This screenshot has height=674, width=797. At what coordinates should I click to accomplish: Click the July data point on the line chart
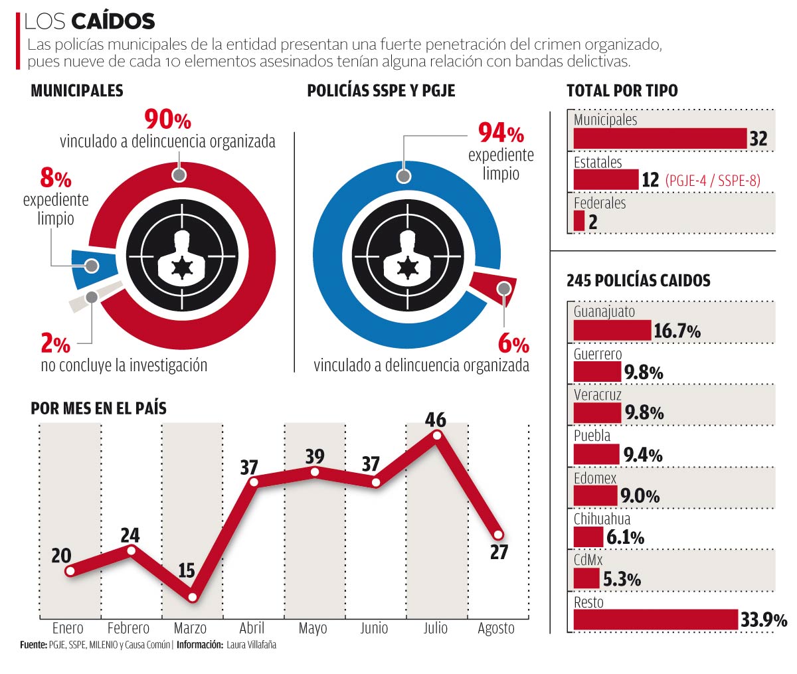point(436,435)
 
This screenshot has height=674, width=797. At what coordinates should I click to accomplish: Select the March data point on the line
point(193,597)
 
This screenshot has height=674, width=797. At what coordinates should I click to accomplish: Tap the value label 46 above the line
point(436,420)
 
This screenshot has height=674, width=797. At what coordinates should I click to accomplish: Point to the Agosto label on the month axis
point(496,628)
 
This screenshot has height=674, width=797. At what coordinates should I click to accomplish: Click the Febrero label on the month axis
point(128,628)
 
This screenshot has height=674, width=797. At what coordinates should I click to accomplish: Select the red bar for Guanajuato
point(612,330)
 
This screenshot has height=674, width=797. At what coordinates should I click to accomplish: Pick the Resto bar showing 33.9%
point(656,620)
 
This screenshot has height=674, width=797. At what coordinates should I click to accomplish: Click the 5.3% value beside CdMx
point(622,579)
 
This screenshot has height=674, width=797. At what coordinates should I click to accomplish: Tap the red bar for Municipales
point(660,138)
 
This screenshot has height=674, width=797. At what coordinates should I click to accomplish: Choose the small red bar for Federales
point(579,221)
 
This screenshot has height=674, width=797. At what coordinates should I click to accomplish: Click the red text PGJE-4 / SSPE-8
point(713,180)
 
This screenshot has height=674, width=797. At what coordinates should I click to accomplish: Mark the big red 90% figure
point(167,120)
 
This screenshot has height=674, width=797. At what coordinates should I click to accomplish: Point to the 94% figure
point(501,133)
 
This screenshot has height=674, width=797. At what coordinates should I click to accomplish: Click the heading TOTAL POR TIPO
point(622,91)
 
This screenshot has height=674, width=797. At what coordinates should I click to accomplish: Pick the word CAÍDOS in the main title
point(113,21)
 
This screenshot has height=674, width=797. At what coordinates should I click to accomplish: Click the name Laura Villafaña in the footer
point(251,645)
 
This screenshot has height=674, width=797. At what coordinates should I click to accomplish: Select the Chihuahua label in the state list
point(602,519)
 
